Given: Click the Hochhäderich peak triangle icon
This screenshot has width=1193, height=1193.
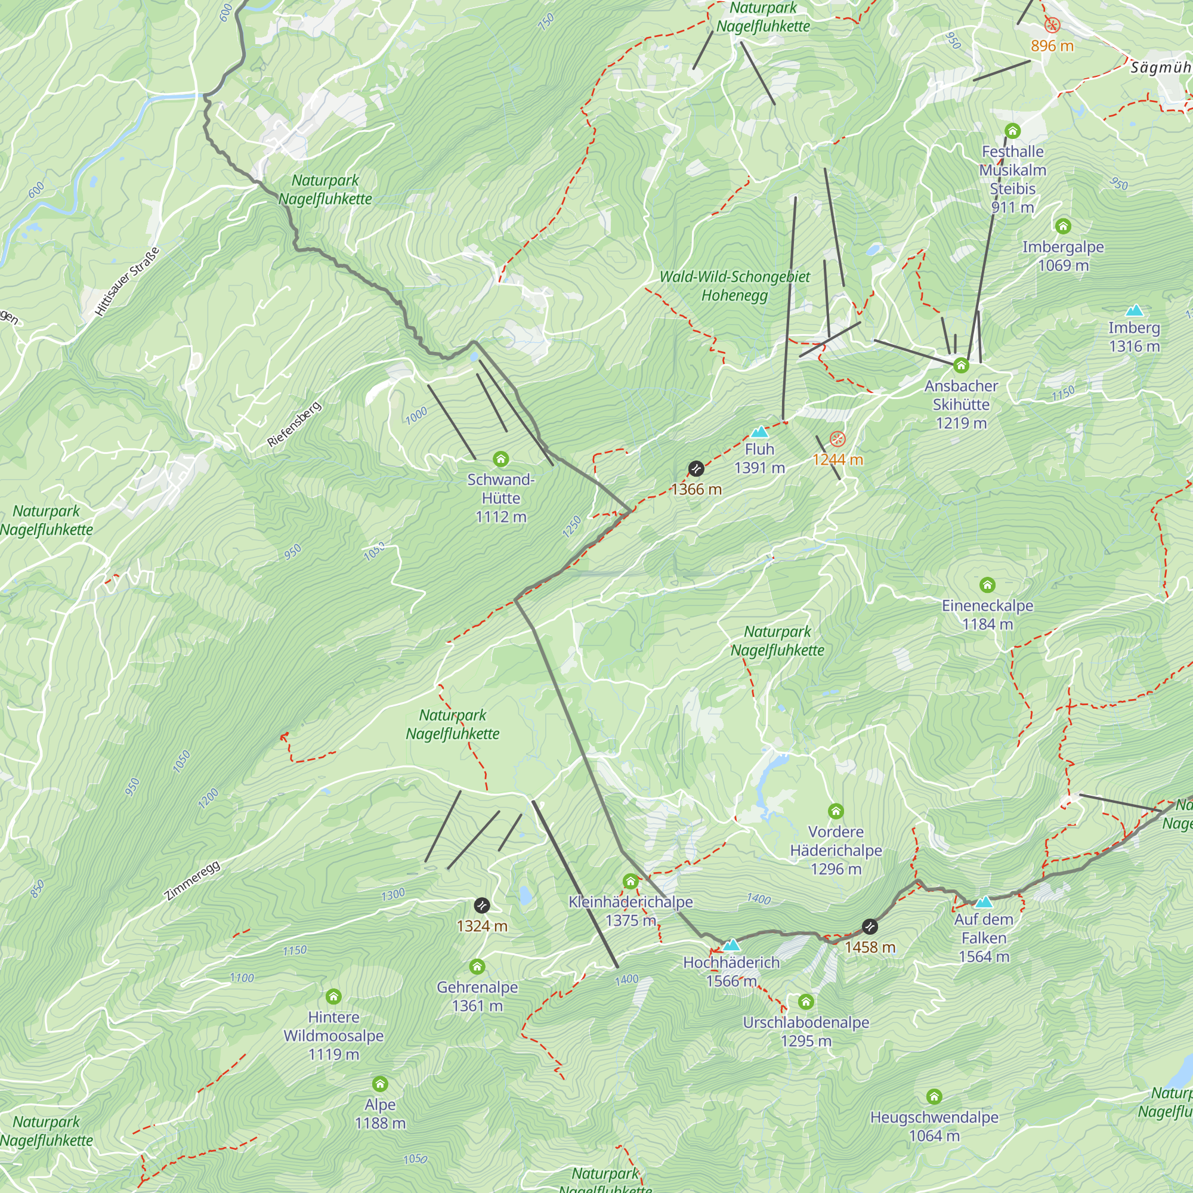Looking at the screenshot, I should click(731, 945).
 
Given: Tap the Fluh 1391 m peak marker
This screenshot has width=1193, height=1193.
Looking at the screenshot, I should click(759, 432).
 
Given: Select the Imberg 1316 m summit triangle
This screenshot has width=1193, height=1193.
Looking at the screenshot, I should click(1134, 310).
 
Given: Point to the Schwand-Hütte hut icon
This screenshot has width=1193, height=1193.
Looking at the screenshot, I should click(501, 459).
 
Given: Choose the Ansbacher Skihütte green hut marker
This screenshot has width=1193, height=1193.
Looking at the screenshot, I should click(961, 366).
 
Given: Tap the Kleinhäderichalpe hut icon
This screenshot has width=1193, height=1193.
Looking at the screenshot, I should click(631, 880).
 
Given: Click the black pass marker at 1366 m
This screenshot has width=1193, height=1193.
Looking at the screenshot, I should click(696, 469).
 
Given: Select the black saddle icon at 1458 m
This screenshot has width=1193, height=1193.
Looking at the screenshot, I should click(870, 926).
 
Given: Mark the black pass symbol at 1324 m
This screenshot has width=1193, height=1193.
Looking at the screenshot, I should click(481, 905).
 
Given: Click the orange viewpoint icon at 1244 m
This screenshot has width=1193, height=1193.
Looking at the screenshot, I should click(837, 439).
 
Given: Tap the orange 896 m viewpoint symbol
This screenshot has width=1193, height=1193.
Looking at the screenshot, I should click(1052, 25).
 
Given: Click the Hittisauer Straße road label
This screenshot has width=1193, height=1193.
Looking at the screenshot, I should click(127, 282).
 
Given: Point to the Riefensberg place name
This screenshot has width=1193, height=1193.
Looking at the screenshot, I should click(295, 424).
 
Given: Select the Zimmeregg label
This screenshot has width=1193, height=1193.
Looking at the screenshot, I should click(193, 880).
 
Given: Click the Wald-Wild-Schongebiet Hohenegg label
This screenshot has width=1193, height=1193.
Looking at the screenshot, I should click(735, 286).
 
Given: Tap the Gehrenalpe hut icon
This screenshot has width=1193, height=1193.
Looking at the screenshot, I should click(477, 966).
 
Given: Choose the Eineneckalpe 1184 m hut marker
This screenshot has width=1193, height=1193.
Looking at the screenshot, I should click(987, 585).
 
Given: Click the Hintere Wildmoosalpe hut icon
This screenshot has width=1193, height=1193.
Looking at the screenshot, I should click(333, 997).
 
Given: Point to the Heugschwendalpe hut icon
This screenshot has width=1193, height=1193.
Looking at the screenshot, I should click(934, 1097).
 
